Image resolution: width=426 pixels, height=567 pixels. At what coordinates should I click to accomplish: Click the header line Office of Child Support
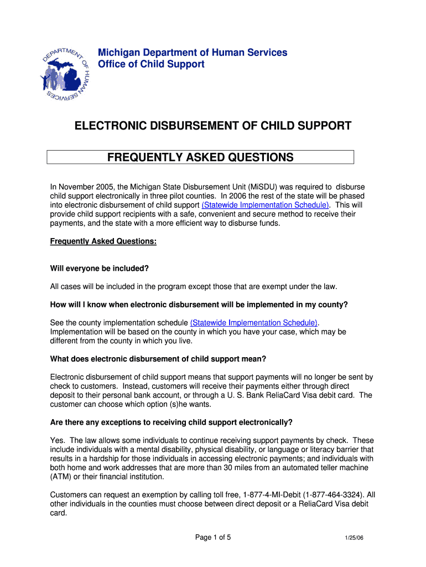click(x=151, y=64)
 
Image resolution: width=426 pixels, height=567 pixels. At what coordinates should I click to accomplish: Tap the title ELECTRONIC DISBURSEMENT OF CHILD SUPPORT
click(x=213, y=126)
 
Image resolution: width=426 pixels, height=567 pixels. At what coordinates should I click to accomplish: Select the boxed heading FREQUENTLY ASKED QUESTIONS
click(x=200, y=157)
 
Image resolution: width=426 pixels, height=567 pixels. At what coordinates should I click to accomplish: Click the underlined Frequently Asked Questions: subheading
click(x=103, y=241)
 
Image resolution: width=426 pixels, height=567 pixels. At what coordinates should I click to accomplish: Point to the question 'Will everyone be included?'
click(x=100, y=269)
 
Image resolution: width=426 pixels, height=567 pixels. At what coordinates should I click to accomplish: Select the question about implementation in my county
click(x=199, y=305)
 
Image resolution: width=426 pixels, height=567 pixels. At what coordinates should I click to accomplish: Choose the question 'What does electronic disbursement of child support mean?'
click(x=158, y=358)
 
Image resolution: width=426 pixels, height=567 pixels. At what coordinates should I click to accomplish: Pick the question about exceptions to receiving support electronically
click(x=172, y=422)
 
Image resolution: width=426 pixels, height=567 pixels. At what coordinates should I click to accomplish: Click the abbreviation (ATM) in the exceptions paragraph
click(x=61, y=476)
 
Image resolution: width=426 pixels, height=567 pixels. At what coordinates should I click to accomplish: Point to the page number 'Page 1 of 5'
click(x=213, y=537)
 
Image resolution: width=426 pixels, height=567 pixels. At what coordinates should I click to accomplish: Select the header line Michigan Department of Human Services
click(x=193, y=53)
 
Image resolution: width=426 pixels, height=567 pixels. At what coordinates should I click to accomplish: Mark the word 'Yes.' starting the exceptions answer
click(x=58, y=440)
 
